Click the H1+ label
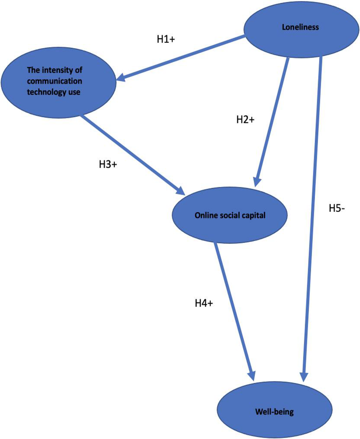[166, 40]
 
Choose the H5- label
[337, 208]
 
